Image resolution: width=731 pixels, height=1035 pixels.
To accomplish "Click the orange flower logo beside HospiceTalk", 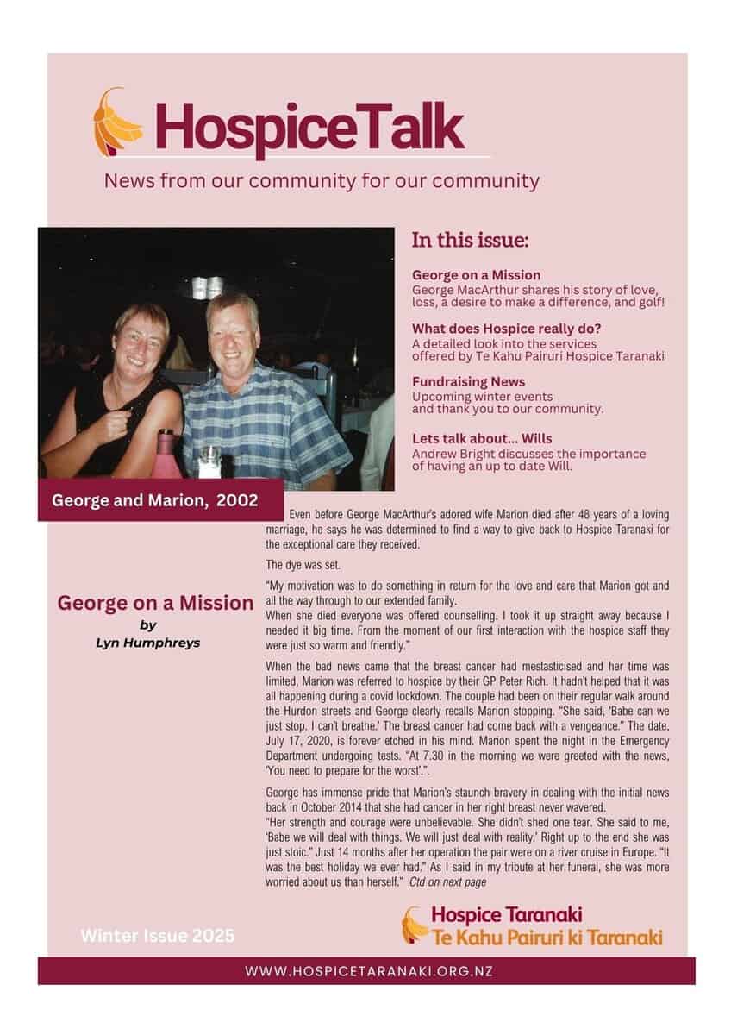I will (117, 122).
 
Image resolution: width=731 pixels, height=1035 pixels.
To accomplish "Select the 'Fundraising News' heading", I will (468, 381).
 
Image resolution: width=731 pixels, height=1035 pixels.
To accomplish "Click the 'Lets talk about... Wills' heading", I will (489, 438).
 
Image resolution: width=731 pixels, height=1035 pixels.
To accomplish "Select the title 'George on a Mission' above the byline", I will (155, 603).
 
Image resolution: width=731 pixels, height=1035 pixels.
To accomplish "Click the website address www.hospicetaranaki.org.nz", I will (369, 970).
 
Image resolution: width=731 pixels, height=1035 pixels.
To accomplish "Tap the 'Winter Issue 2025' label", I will (157, 936).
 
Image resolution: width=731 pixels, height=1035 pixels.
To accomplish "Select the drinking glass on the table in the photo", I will (209, 461).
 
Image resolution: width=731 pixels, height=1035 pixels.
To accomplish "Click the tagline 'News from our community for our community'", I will (322, 181).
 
